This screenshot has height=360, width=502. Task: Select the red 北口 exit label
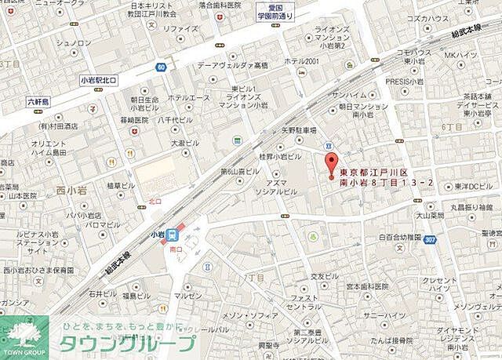[x=155, y=201]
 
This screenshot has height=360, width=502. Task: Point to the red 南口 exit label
[x=176, y=248]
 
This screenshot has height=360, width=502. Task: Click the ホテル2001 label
[x=301, y=61]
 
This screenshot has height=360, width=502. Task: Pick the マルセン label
[x=188, y=296]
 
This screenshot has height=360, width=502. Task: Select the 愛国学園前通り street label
[x=276, y=10]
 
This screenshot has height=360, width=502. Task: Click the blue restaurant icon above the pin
[x=329, y=147]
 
